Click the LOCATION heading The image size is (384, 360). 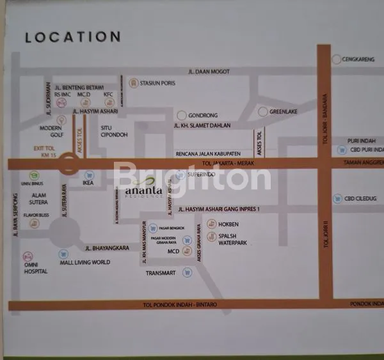[72, 37]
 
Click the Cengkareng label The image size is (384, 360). [359, 59]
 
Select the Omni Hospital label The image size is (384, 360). [36, 267]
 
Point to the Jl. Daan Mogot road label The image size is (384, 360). [209, 72]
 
